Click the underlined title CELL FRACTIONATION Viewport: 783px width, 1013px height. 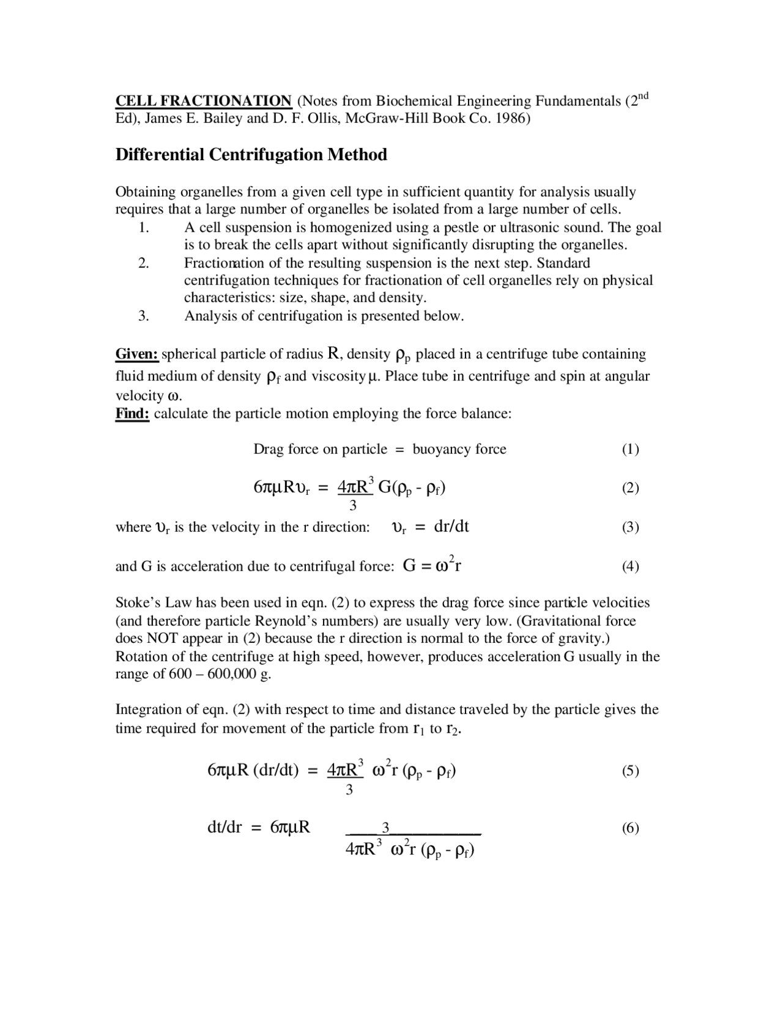pyautogui.click(x=204, y=101)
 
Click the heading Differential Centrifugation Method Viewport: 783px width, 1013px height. pyautogui.click(x=251, y=155)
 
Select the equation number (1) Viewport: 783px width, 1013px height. pyautogui.click(x=630, y=450)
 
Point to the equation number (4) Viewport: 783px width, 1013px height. pyautogui.click(x=630, y=566)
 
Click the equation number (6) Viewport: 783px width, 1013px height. pyautogui.click(x=630, y=828)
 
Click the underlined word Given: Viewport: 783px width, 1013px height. pyautogui.click(x=137, y=354)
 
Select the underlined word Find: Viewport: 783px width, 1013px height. pyautogui.click(x=132, y=414)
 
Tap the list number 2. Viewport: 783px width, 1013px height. pyautogui.click(x=144, y=263)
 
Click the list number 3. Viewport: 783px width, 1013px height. pyautogui.click(x=144, y=316)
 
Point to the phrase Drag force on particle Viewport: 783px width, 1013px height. pyautogui.click(x=320, y=450)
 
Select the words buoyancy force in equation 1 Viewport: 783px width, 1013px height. pyautogui.click(x=459, y=450)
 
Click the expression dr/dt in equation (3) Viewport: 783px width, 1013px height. pyautogui.click(x=451, y=527)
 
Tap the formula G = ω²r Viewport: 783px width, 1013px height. pyautogui.click(x=432, y=565)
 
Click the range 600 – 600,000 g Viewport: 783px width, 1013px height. pyautogui.click(x=220, y=675)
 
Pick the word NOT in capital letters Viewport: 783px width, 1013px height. pyautogui.click(x=162, y=639)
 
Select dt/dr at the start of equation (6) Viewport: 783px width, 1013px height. pyautogui.click(x=225, y=828)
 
